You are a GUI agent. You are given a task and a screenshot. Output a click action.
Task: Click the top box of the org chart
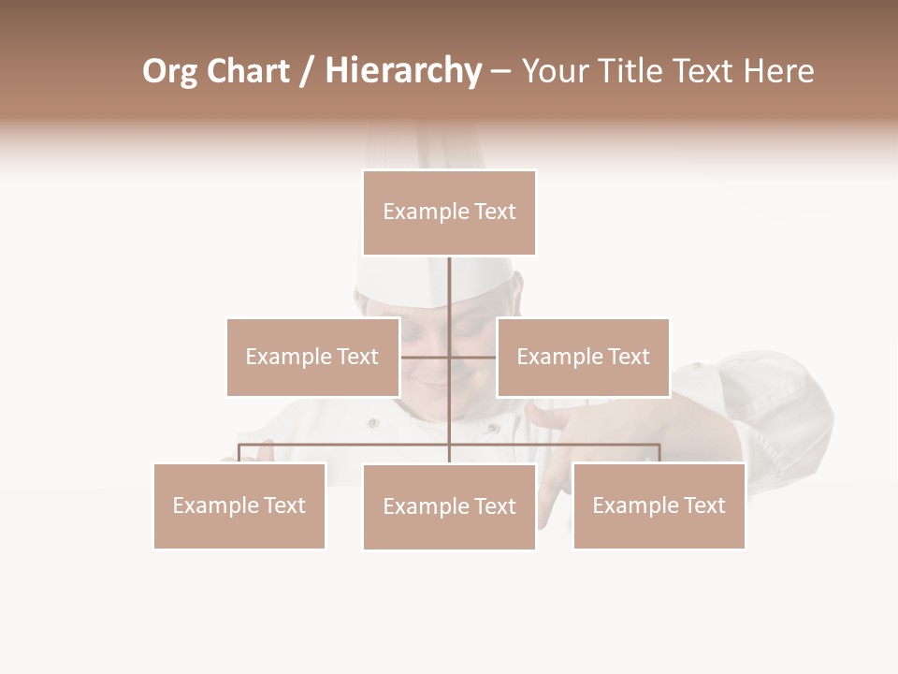pyautogui.click(x=449, y=212)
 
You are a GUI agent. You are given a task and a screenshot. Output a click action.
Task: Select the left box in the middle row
pyautogui.click(x=312, y=357)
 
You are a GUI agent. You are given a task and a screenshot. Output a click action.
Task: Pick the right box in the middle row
pyautogui.click(x=583, y=357)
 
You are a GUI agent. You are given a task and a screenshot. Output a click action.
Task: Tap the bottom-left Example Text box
pyautogui.click(x=239, y=505)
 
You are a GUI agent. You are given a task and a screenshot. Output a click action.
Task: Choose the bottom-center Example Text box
pyautogui.click(x=449, y=506)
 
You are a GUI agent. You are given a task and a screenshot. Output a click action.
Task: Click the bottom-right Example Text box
pyautogui.click(x=659, y=505)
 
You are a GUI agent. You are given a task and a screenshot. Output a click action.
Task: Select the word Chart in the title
pyautogui.click(x=248, y=71)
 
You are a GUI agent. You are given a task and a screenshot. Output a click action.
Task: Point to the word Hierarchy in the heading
pyautogui.click(x=402, y=71)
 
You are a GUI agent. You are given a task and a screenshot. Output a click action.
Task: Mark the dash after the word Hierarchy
pyautogui.click(x=500, y=71)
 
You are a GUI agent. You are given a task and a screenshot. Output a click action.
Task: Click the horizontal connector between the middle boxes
pyautogui.click(x=449, y=357)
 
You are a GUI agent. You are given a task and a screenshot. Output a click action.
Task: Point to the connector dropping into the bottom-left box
pyautogui.click(x=239, y=453)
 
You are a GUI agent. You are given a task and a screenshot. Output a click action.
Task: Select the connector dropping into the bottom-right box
pyautogui.click(x=659, y=453)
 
